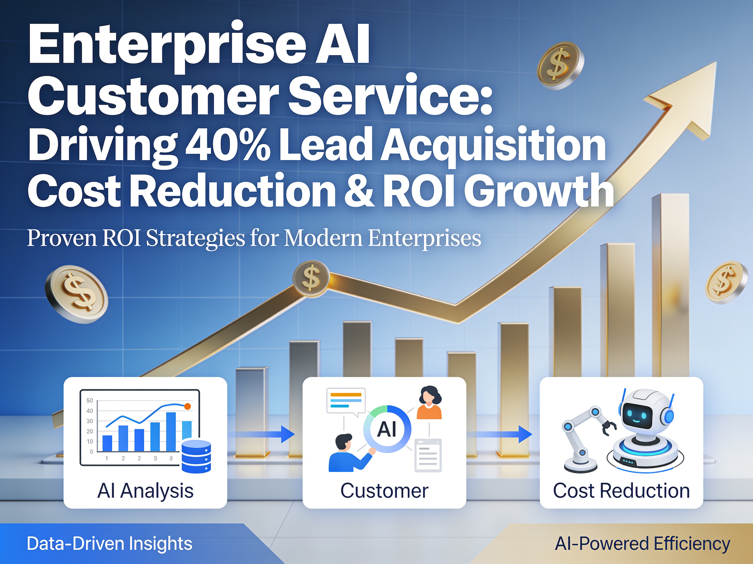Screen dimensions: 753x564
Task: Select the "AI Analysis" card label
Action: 145,491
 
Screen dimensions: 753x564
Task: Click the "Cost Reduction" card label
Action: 621,490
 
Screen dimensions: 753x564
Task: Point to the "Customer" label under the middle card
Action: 384,490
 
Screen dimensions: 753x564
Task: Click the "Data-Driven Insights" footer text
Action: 110,544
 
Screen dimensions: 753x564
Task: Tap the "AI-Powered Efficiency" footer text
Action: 643,544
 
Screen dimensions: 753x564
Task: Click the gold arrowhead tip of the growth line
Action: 715,63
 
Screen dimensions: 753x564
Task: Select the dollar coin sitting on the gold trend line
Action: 311,278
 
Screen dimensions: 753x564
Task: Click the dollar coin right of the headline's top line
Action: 560,65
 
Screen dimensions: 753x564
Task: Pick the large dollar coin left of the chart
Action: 76,294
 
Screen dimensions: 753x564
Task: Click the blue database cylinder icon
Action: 196,456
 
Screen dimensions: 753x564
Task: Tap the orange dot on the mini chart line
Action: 187,406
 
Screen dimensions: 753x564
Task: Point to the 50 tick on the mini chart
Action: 90,400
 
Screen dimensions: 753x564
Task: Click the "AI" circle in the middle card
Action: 387,429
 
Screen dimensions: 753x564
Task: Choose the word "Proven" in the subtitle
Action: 62,238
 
